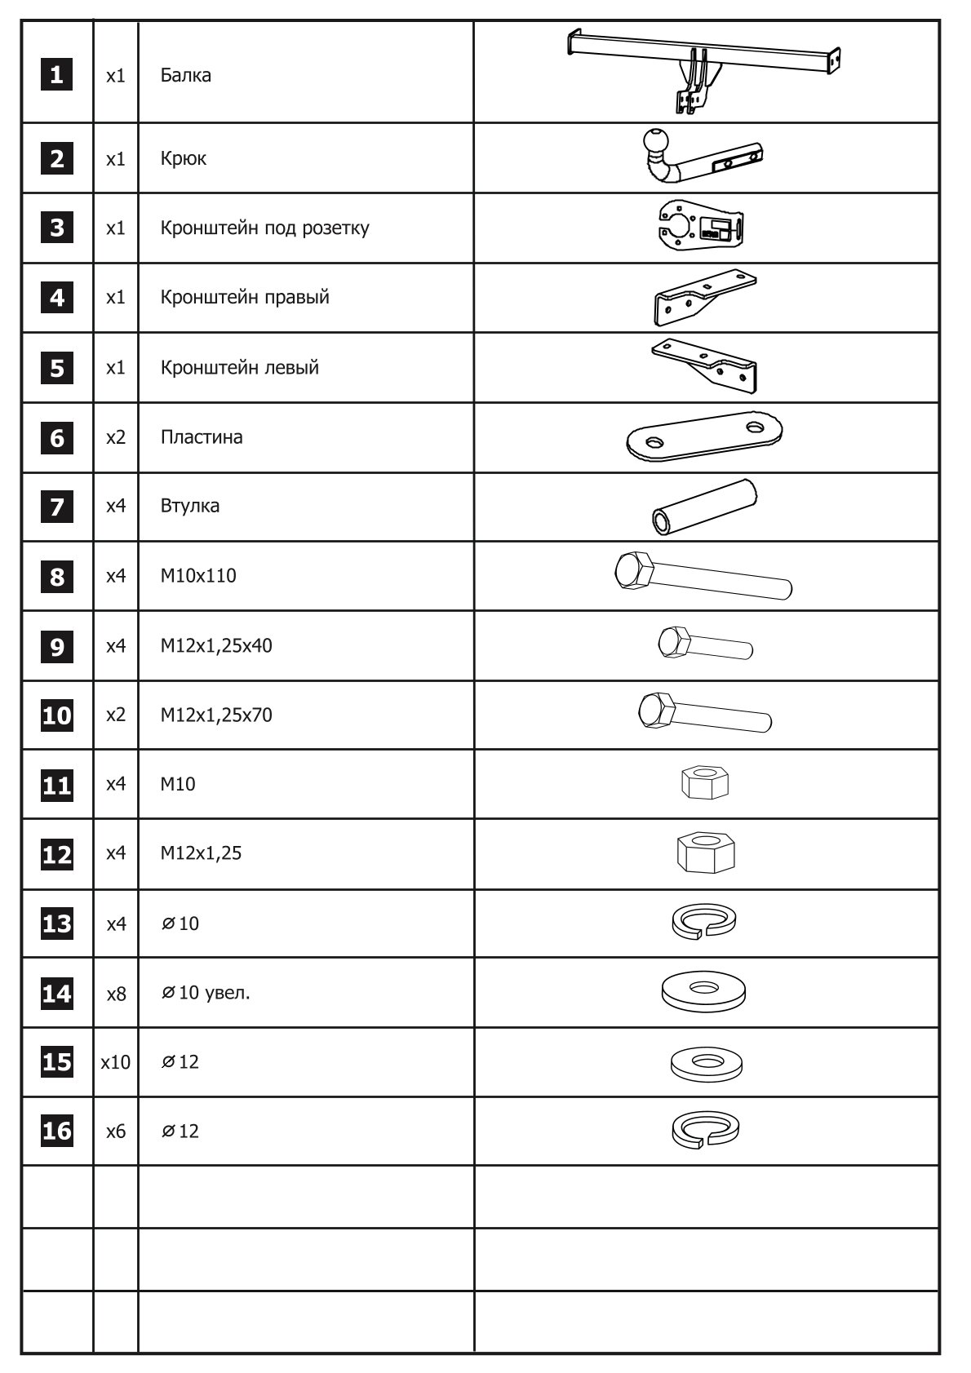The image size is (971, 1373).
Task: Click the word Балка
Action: click(x=185, y=76)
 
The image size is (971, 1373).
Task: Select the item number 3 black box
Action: click(x=56, y=228)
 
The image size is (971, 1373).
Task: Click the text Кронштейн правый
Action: click(x=245, y=297)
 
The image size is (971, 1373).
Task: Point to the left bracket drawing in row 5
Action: click(x=707, y=366)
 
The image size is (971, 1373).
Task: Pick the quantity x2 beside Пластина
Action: click(x=116, y=437)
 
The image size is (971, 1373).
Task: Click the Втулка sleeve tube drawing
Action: click(x=705, y=507)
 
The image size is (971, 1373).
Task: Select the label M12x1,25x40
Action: click(x=216, y=646)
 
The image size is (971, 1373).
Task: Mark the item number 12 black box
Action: click(x=56, y=854)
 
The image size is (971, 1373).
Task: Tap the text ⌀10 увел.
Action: click(x=206, y=993)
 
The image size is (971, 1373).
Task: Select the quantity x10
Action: click(x=116, y=1062)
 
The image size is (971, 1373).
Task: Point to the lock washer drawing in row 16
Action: click(x=704, y=1131)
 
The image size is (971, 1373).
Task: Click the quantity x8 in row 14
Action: click(x=116, y=994)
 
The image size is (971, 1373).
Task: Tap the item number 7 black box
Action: click(x=56, y=507)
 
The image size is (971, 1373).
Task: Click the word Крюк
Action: click(x=184, y=158)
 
